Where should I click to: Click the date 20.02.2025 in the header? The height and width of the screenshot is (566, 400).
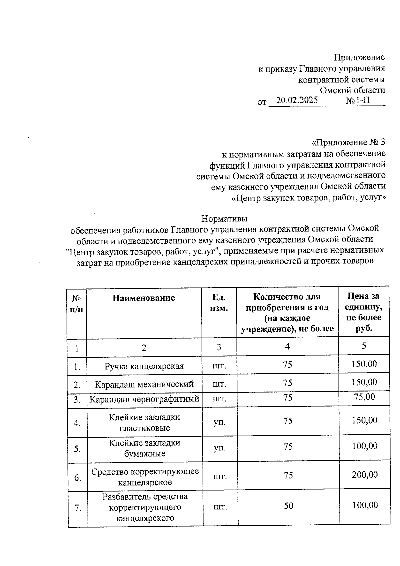(297, 100)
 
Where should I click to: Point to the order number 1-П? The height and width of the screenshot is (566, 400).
(363, 100)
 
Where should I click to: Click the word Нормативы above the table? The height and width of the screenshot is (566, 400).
(224, 219)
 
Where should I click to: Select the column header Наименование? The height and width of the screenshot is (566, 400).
(144, 298)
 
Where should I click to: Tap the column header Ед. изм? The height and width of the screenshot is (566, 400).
(219, 303)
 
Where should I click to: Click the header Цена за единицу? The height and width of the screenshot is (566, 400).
(364, 312)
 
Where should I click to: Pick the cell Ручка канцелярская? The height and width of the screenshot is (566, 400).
(144, 366)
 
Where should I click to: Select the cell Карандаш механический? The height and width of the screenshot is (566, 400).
(144, 384)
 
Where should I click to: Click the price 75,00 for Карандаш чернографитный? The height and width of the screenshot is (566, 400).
(364, 397)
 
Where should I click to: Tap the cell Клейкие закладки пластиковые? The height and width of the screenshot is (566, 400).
(144, 423)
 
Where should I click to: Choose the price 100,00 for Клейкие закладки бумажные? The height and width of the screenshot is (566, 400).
(365, 446)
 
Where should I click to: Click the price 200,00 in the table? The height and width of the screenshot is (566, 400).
(365, 475)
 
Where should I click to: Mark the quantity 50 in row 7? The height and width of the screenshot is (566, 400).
(288, 506)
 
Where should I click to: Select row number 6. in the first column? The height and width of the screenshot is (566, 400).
(77, 478)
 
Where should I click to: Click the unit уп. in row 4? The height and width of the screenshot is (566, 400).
(219, 422)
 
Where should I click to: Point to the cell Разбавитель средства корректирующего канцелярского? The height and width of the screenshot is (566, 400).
(145, 507)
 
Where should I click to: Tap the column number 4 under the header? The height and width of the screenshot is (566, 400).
(287, 346)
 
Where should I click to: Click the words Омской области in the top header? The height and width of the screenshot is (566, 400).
(352, 90)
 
